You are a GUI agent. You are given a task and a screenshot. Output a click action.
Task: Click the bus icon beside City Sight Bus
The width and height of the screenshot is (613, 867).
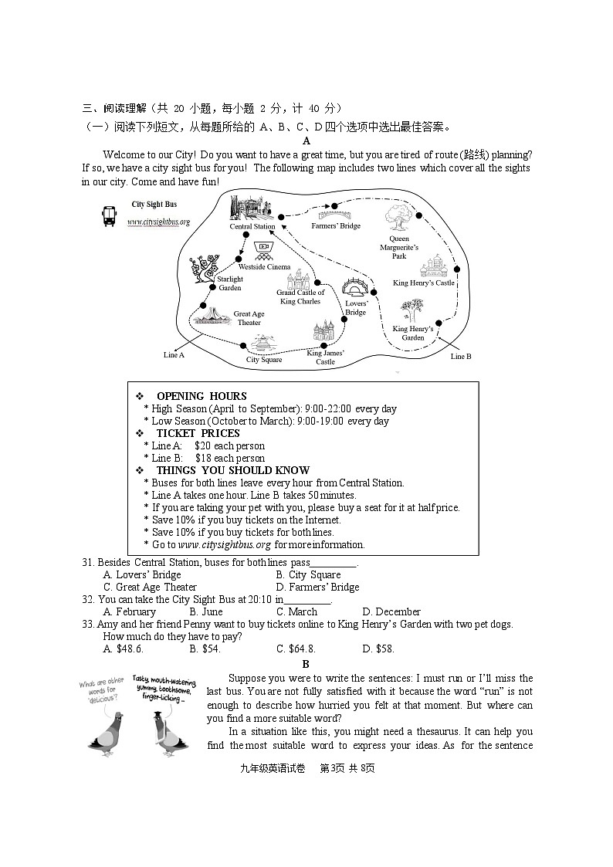coord(110,216)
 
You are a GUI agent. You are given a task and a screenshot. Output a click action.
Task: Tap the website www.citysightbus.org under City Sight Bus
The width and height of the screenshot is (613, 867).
coord(158,222)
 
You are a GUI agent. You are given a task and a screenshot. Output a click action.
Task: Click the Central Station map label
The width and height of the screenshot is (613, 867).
coord(252,227)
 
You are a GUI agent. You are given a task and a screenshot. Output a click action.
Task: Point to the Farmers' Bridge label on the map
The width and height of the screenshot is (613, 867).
coord(336,226)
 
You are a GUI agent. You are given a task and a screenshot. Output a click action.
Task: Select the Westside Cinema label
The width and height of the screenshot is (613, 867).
coord(264,267)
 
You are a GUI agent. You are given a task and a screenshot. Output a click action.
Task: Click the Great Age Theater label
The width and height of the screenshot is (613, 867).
coord(249,318)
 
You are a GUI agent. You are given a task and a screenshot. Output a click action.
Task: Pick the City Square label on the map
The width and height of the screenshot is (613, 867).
coord(264,360)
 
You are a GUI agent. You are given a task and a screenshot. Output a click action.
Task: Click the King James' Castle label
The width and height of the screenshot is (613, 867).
coord(326,357)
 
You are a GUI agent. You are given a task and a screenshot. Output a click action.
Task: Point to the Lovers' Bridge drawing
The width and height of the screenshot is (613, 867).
coord(357,288)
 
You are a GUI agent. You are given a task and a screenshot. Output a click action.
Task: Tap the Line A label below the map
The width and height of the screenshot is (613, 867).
coord(174,355)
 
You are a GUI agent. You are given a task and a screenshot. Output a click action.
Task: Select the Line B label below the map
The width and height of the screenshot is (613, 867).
coord(461,357)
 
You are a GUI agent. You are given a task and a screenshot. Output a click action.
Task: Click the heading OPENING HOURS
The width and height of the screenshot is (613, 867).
coord(202,396)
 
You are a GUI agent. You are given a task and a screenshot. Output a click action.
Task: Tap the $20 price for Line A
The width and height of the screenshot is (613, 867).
coord(202,445)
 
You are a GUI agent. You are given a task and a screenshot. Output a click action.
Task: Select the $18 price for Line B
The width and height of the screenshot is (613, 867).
coord(202,458)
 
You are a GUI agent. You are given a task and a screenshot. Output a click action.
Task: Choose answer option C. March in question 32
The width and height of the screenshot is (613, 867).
coord(296,611)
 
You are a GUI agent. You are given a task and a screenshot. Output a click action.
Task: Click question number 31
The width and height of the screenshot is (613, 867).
coord(88,562)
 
